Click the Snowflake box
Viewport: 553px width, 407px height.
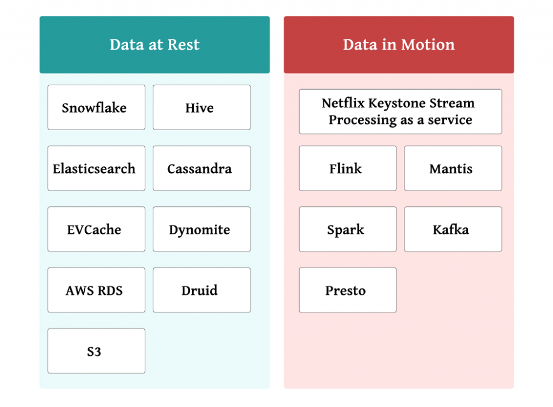[96, 107]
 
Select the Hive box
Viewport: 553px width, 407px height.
[202, 107]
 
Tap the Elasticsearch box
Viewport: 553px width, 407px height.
[96, 168]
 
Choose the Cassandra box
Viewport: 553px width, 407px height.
[202, 168]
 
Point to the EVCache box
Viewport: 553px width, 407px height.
[96, 229]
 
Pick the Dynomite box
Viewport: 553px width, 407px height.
[202, 229]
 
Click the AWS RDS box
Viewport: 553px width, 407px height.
[96, 290]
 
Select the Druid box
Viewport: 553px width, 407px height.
[202, 290]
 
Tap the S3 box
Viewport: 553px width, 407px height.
[96, 351]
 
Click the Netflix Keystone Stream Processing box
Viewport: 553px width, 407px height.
[400, 111]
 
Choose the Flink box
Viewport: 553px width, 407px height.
[348, 168]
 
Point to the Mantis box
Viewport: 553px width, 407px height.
[453, 168]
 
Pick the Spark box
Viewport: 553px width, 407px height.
[348, 229]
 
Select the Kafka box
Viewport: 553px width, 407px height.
[453, 229]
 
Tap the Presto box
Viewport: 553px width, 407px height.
[348, 290]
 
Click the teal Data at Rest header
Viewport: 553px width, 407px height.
[155, 45]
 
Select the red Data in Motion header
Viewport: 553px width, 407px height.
[399, 45]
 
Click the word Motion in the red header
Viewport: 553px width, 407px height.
[428, 45]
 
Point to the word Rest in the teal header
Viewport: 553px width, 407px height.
[184, 45]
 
